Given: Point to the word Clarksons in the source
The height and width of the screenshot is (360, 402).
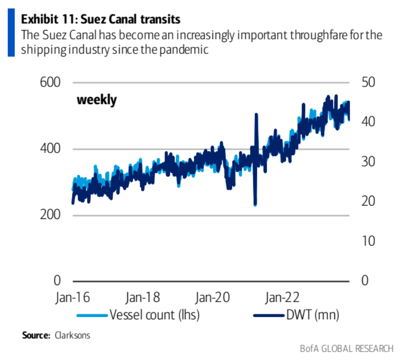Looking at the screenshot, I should coord(72,336).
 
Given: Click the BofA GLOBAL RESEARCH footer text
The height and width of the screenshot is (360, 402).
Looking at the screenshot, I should coord(346,348).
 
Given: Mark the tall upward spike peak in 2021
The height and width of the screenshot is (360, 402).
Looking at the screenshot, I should coord(256,114).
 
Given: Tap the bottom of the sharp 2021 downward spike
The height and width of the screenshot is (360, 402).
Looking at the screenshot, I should coord(255,205).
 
